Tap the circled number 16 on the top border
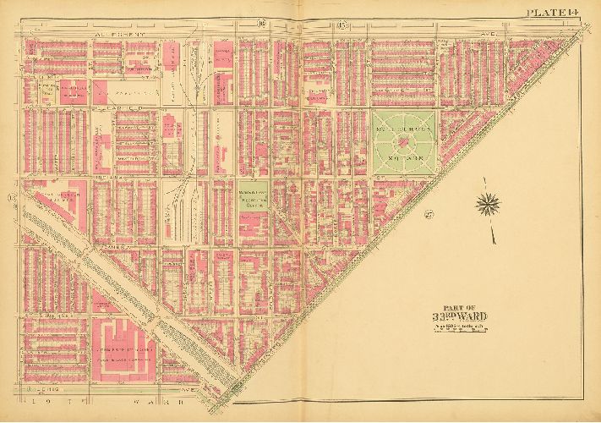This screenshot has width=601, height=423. pos(287,21)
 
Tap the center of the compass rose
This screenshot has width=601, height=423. pos(488,202)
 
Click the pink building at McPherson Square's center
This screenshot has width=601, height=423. pos(403,137)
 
